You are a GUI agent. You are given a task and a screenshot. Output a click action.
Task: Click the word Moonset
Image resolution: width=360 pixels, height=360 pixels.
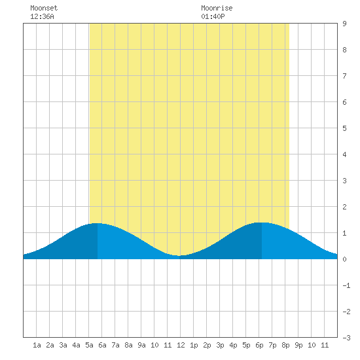[x=44, y=8]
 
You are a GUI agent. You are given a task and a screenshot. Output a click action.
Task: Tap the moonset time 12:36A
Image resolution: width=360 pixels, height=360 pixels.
[x=42, y=16]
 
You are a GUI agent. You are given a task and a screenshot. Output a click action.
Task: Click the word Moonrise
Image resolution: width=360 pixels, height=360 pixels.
[x=217, y=8]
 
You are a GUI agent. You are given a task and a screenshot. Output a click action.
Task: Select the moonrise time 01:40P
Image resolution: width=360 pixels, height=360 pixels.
[x=213, y=16]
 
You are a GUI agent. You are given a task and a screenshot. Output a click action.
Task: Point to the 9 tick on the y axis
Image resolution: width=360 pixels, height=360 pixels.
[x=344, y=24]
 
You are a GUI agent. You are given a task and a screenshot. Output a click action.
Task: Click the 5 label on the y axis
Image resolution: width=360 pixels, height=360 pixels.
[x=344, y=128]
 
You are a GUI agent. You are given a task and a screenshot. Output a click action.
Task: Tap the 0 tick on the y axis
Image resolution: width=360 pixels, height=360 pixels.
[x=344, y=259]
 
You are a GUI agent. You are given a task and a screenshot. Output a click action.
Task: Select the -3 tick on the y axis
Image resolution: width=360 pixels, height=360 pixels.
[x=346, y=338]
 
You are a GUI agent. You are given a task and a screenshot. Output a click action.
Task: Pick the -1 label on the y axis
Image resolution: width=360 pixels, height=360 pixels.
[x=346, y=285]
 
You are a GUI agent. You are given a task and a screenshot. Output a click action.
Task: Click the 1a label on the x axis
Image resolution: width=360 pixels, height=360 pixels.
[x=37, y=345]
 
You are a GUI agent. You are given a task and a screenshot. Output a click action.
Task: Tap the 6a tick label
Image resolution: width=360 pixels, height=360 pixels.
[x=102, y=345]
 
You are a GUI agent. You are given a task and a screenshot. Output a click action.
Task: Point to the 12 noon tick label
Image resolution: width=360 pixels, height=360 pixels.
[x=181, y=345]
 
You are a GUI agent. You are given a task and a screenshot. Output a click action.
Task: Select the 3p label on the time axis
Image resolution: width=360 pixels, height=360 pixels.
[x=220, y=345]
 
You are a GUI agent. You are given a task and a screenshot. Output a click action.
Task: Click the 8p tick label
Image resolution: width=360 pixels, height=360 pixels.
[x=285, y=345]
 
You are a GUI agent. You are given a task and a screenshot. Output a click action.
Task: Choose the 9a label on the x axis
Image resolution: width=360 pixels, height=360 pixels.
[x=141, y=345]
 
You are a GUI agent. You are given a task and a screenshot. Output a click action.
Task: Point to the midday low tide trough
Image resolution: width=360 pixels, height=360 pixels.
[x=179, y=255]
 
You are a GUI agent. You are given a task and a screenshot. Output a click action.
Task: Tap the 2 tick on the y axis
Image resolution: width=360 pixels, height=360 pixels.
[x=344, y=207]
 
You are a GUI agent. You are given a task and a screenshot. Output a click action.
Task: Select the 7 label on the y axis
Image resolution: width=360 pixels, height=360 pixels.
[x=344, y=76]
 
